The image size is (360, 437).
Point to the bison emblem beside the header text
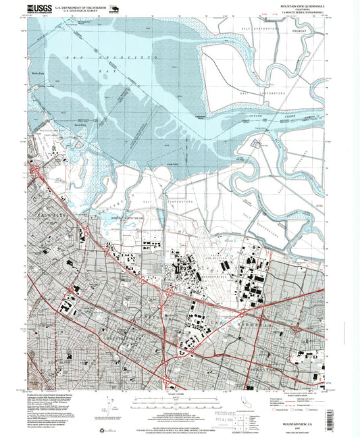coord(113,9)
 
